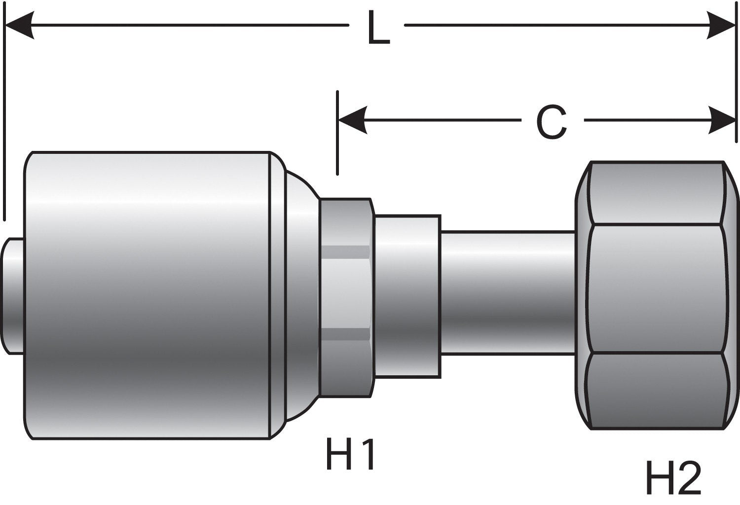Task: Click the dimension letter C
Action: (551, 122)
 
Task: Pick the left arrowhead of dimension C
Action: (352, 120)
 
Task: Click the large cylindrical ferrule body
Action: (148, 296)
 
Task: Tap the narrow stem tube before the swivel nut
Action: (508, 291)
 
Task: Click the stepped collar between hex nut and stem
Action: (407, 296)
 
